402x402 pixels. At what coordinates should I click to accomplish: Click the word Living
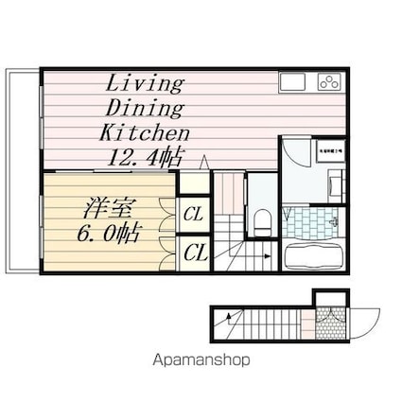click(145, 82)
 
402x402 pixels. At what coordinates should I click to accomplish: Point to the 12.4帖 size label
click(146, 156)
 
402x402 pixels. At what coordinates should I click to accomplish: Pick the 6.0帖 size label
click(96, 231)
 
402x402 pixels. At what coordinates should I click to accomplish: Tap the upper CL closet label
click(194, 215)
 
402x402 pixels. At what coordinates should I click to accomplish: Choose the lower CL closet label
click(195, 252)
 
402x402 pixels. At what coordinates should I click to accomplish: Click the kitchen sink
click(293, 82)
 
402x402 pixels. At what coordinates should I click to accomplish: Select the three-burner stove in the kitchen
click(328, 82)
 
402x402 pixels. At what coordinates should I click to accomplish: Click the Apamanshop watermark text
click(201, 359)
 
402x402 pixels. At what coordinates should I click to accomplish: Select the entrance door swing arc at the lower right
click(363, 322)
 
